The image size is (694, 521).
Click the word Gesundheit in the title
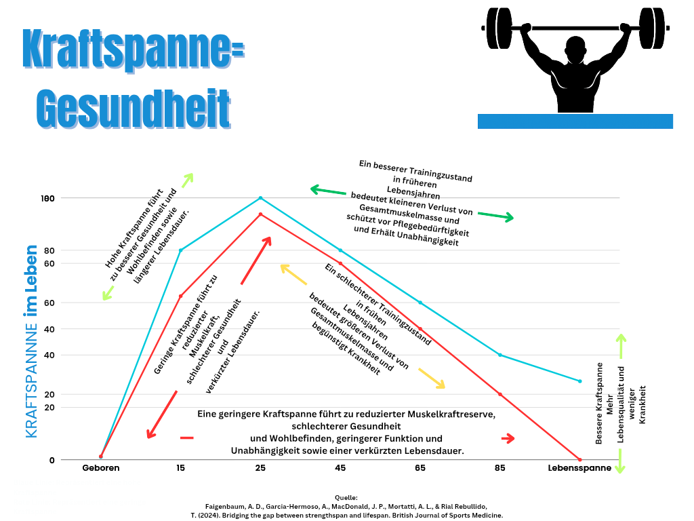(132, 107)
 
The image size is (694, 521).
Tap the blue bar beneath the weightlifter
(575, 121)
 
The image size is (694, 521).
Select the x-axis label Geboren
(101, 468)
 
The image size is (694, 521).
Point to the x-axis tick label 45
(340, 468)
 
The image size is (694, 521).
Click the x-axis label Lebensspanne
(579, 468)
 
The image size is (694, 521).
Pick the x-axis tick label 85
(500, 468)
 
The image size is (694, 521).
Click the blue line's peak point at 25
(260, 198)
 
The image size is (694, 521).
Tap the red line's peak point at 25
(260, 214)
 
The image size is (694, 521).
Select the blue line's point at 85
(500, 355)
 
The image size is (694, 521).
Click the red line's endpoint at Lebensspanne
(579, 459)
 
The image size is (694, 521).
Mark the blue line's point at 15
(181, 250)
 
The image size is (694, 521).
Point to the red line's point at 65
(420, 329)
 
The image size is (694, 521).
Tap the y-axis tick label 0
(52, 460)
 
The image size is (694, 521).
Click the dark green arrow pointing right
(495, 216)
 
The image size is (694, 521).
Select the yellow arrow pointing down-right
(432, 379)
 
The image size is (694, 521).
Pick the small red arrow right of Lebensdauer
(508, 438)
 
